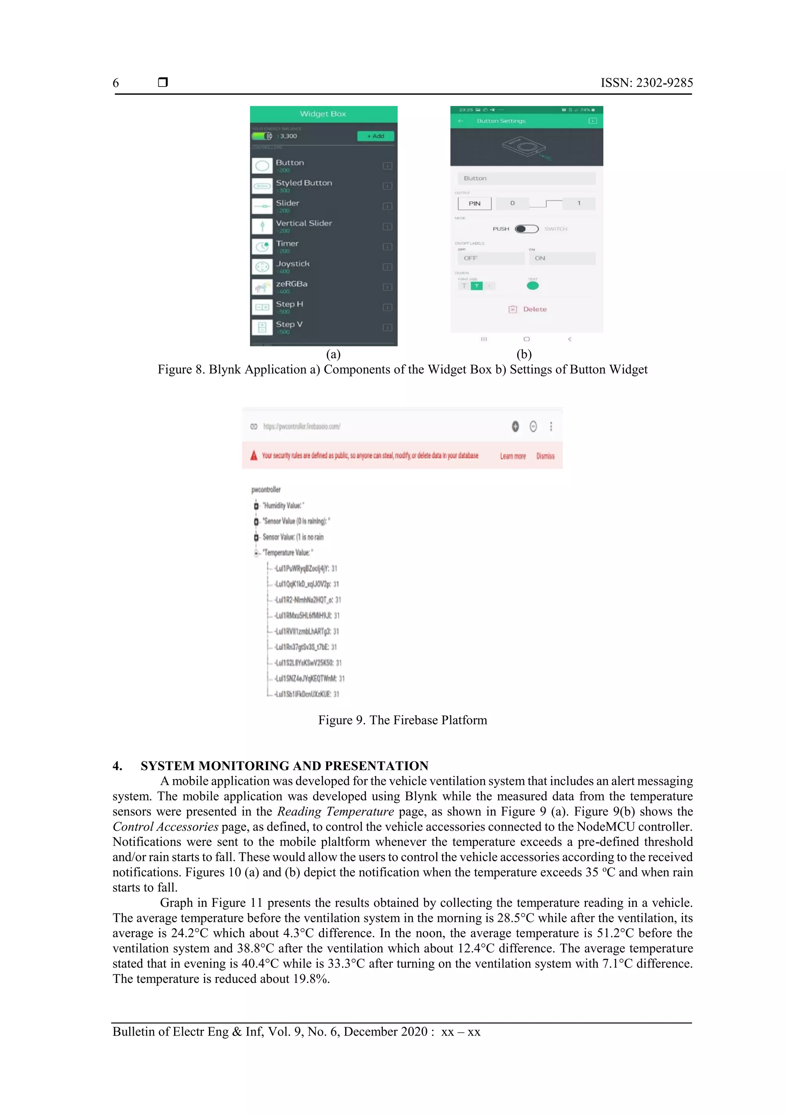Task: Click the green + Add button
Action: click(x=375, y=136)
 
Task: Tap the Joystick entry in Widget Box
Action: click(x=292, y=264)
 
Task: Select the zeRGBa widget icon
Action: click(x=262, y=287)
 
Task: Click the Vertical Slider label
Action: click(x=304, y=223)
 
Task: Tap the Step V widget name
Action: click(x=289, y=324)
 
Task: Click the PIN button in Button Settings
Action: click(x=474, y=203)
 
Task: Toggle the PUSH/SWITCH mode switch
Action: click(x=526, y=228)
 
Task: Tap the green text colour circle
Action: click(x=533, y=286)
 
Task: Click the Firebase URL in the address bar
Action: click(x=302, y=426)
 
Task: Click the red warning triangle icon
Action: click(x=254, y=456)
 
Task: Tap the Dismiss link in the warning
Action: click(x=545, y=456)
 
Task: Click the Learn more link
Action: click(x=513, y=456)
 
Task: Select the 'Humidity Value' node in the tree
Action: click(x=283, y=506)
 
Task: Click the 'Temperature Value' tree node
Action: click(x=287, y=553)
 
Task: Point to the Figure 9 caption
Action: click(x=402, y=720)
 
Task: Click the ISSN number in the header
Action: click(x=646, y=83)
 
